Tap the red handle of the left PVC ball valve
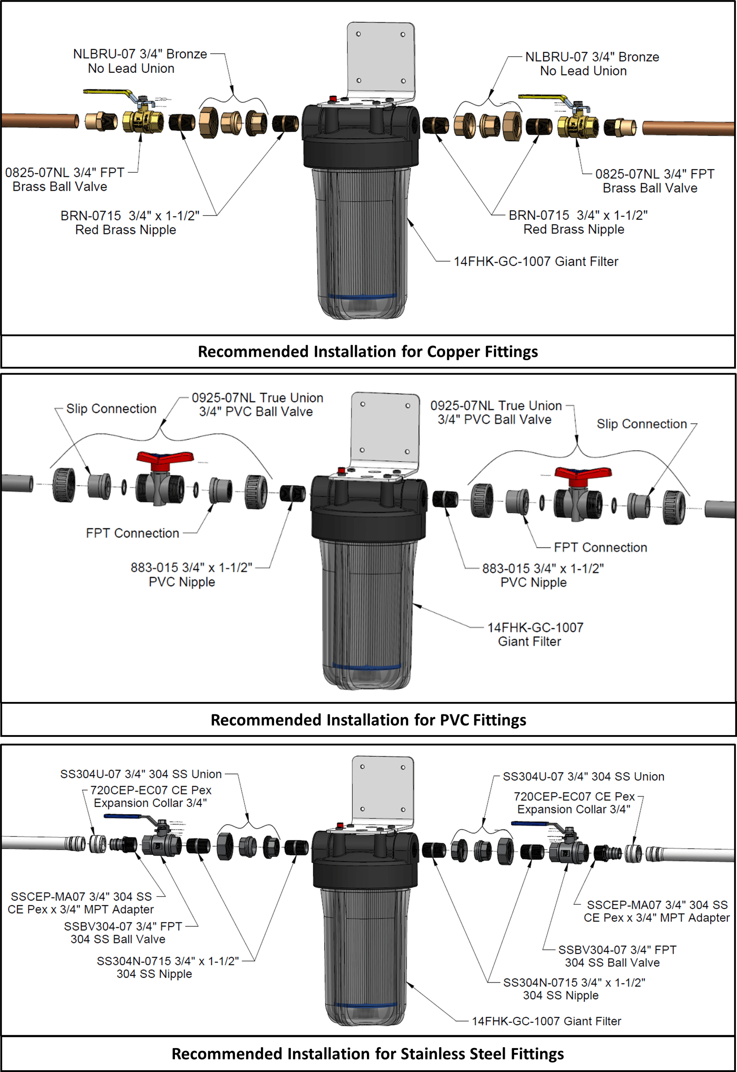pos(164,457)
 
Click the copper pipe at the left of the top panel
pos(39,121)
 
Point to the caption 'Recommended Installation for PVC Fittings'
pos(368,720)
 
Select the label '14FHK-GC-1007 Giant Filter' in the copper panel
pos(535,261)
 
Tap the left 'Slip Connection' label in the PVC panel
pos(111,408)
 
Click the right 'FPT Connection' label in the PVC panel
pos(600,547)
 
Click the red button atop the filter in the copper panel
pos(332,99)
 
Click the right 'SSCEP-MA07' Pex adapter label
pos(656,911)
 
